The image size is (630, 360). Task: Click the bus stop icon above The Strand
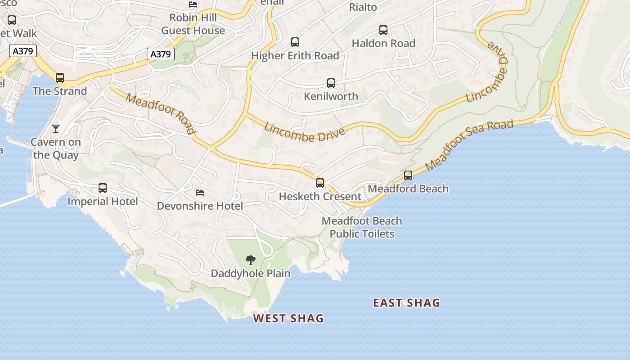click(60, 78)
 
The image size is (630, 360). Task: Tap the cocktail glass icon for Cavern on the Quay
click(56, 129)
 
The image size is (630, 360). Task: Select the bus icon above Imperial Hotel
click(103, 188)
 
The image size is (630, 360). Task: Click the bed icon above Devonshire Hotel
click(200, 193)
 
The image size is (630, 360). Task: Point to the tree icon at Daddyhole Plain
click(251, 260)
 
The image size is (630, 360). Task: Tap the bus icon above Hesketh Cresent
click(320, 183)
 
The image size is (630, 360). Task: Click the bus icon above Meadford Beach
click(408, 175)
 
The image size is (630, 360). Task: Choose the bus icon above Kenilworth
click(331, 83)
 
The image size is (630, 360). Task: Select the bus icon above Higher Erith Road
click(295, 42)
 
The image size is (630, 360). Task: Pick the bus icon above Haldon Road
click(383, 30)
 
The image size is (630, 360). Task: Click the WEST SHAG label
click(288, 319)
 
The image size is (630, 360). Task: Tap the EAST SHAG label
click(406, 303)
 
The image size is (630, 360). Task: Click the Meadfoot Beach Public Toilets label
click(362, 227)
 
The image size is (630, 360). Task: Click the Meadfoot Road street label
click(161, 113)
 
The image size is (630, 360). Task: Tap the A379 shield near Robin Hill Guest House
click(161, 54)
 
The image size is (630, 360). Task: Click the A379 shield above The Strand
click(23, 51)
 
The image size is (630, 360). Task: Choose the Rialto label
click(363, 7)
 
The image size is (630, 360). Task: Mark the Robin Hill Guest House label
click(193, 24)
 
